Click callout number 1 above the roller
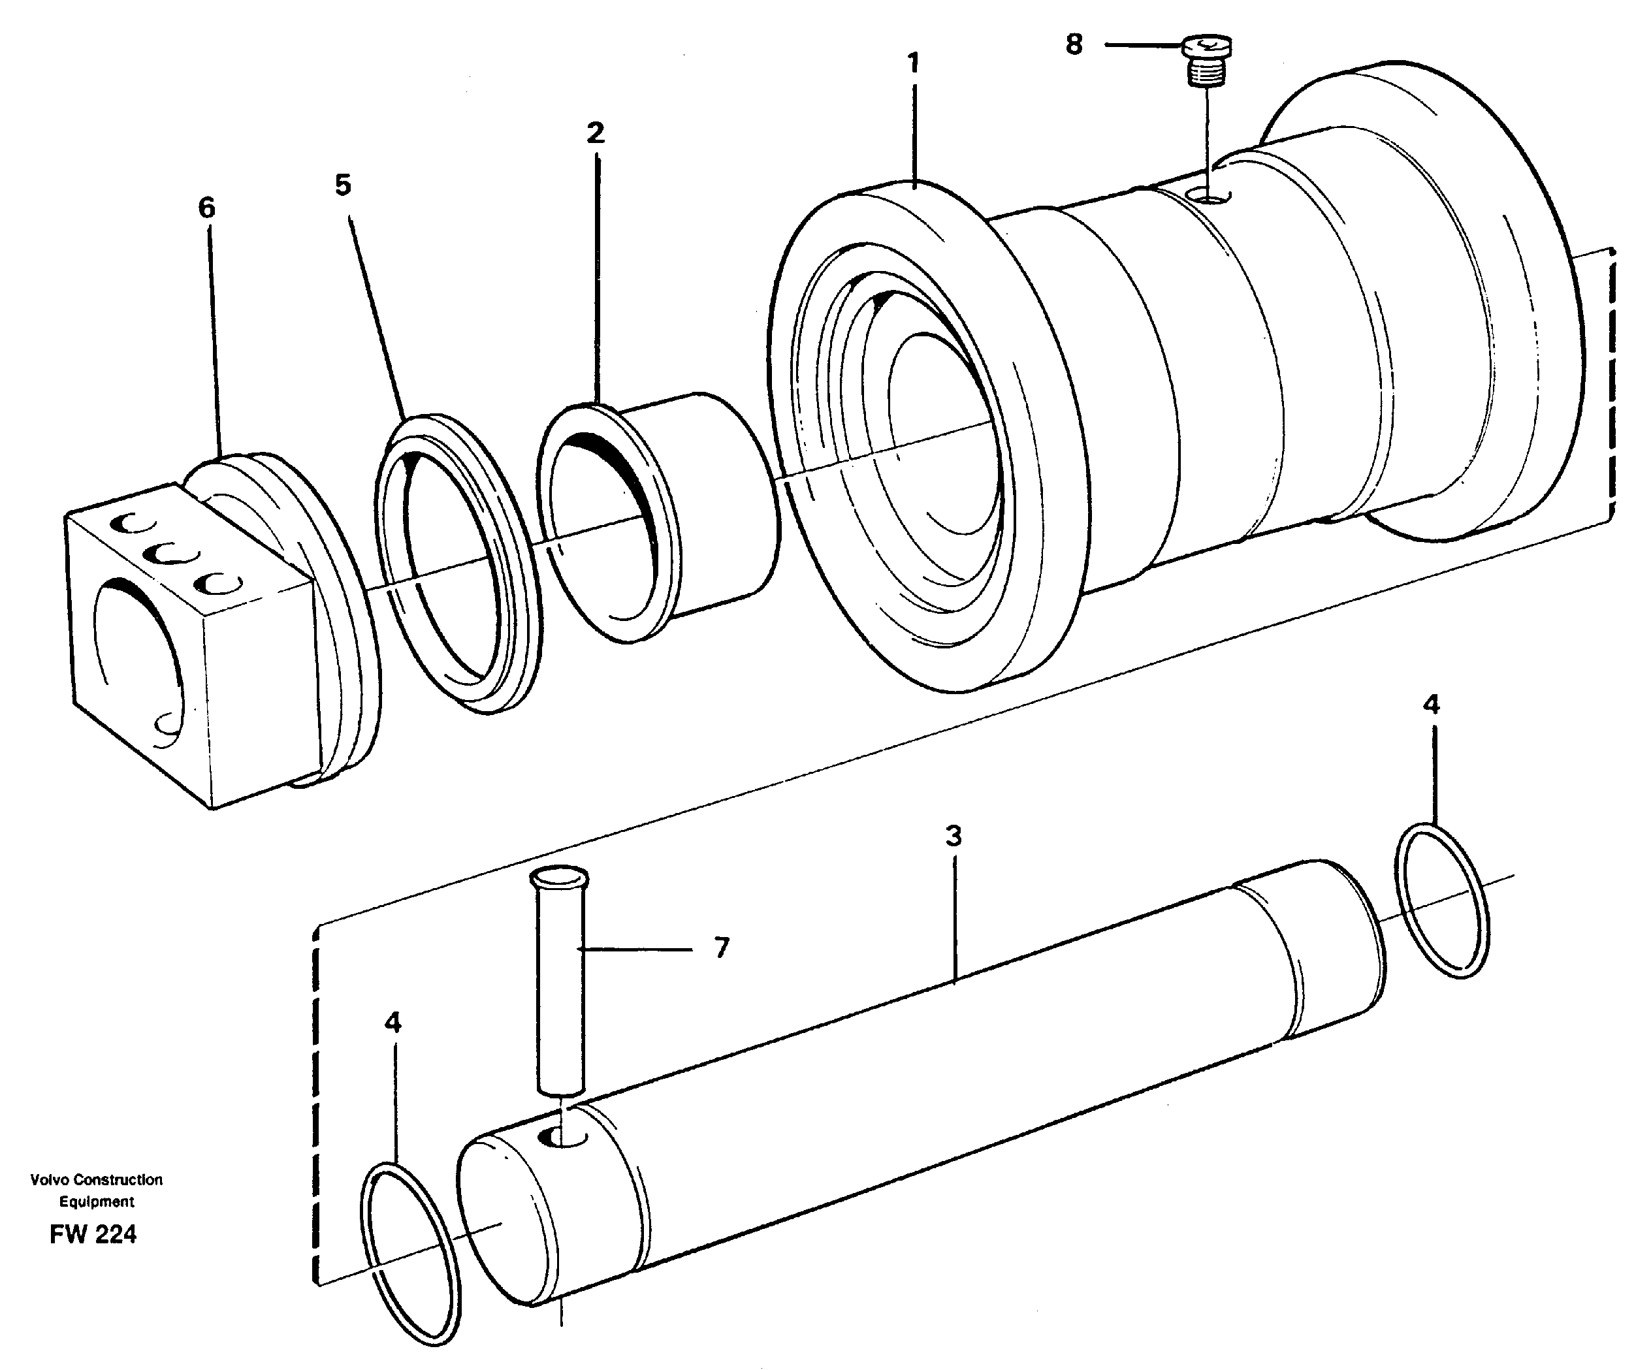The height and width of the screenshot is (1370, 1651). pos(913,63)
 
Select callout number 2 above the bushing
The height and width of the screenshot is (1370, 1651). pos(595,133)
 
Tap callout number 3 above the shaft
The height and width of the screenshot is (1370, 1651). pos(953,836)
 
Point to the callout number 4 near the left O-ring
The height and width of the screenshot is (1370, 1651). pos(393,1023)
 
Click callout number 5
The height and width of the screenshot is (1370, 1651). pos(343,186)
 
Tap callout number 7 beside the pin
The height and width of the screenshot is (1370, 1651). pos(722,948)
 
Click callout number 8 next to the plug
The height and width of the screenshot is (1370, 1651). pos(1074,45)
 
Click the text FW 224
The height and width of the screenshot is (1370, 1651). pos(93,1235)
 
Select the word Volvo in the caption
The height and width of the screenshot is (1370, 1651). pos(50,1180)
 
